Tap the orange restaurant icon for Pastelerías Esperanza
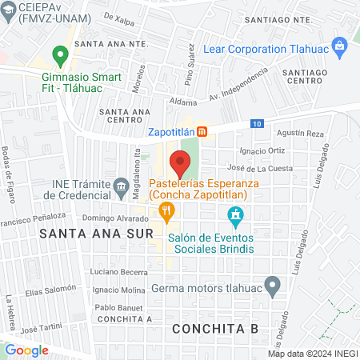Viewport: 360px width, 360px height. (x=166, y=212)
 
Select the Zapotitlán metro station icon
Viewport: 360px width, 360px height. (x=203, y=131)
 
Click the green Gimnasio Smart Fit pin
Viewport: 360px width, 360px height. (x=59, y=56)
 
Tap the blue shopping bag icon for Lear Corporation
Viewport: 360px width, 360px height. (x=341, y=46)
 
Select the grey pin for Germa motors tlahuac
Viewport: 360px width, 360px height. (x=273, y=284)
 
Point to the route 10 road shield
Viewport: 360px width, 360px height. (x=255, y=123)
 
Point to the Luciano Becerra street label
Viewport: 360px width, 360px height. (x=117, y=273)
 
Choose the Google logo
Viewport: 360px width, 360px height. (x=26, y=350)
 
